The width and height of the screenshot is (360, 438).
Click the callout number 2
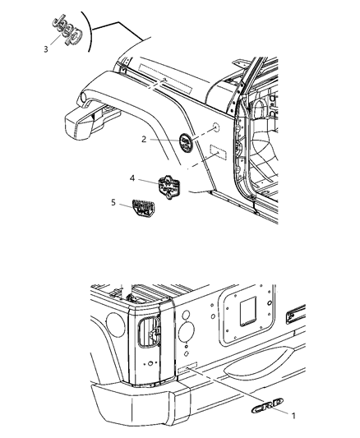tap(145, 139)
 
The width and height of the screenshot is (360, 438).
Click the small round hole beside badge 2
tap(213, 129)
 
